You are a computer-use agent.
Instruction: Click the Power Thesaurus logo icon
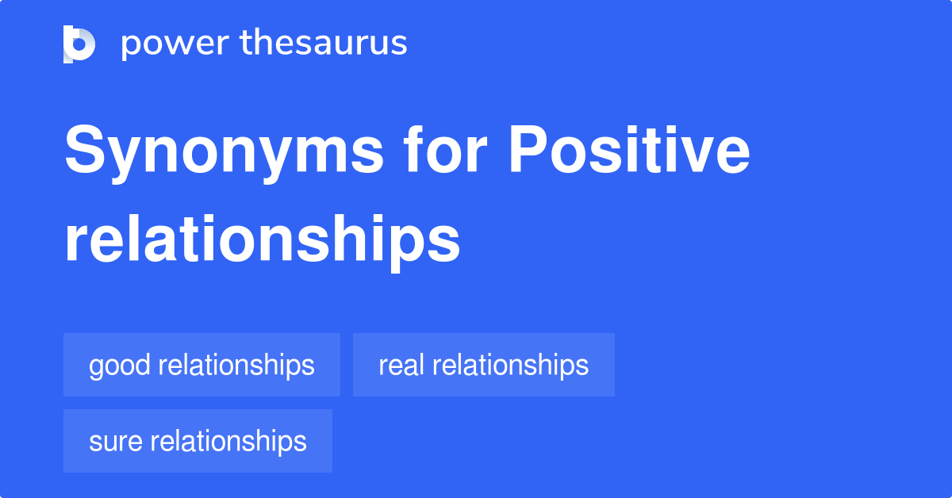(x=79, y=44)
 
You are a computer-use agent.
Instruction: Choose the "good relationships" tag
(x=202, y=365)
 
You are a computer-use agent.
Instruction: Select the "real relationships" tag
(x=483, y=365)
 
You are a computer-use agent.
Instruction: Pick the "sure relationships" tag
(x=198, y=441)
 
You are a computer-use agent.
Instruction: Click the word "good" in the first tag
(x=120, y=366)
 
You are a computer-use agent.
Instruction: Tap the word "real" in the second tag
(x=402, y=365)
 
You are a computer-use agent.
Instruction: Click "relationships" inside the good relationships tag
(x=236, y=366)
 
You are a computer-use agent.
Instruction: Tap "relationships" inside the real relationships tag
(x=511, y=365)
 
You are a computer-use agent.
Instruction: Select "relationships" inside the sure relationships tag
(x=228, y=441)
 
